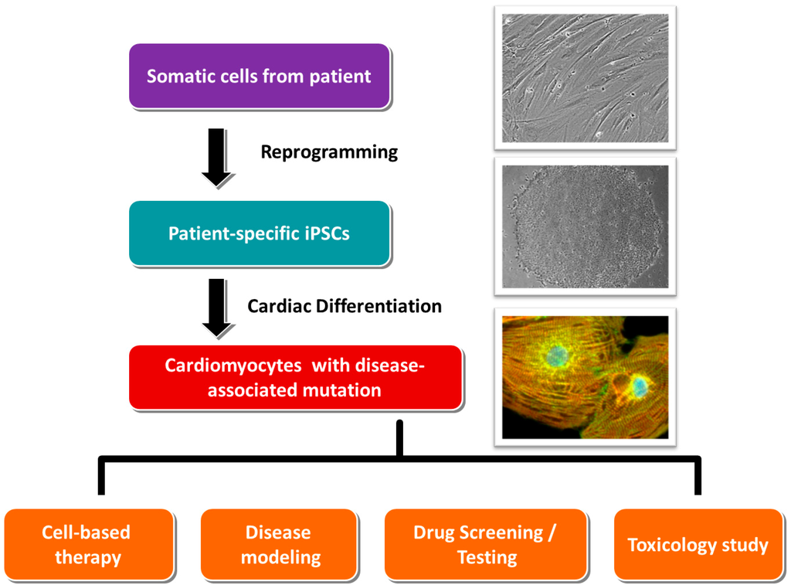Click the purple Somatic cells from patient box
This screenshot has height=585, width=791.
[260, 76]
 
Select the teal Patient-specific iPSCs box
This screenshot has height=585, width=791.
[260, 233]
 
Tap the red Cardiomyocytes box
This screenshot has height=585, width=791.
[295, 377]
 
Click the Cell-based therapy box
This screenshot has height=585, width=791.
[88, 544]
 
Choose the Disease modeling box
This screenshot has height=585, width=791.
[280, 544]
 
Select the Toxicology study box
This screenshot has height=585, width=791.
[698, 544]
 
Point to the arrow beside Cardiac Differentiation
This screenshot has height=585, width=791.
[218, 308]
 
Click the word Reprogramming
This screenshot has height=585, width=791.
[329, 151]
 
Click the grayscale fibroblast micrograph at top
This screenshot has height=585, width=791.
[585, 77]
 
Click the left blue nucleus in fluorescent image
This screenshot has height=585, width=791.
[555, 355]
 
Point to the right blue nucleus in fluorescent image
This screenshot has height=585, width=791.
[637, 384]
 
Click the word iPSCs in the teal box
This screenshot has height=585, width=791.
[322, 233]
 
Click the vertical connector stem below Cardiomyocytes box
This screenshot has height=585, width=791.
[399, 439]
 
